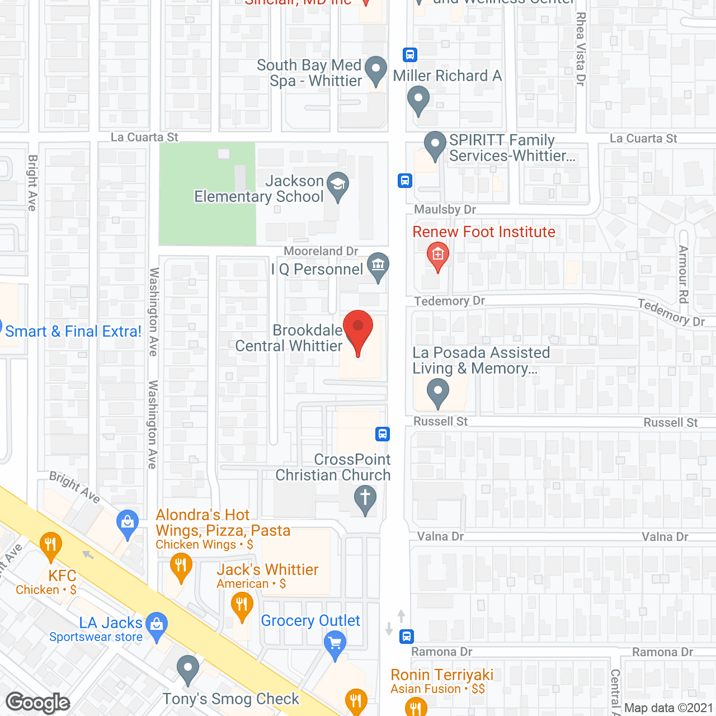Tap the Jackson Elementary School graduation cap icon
pyautogui.click(x=337, y=185)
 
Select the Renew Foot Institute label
pyautogui.click(x=484, y=232)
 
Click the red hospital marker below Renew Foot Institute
pyautogui.click(x=437, y=255)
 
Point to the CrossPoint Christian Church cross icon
pyautogui.click(x=365, y=497)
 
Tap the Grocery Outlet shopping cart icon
pyautogui.click(x=335, y=643)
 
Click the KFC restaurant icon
pyautogui.click(x=51, y=544)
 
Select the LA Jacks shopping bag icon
pyautogui.click(x=157, y=623)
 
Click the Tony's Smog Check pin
pyautogui.click(x=188, y=667)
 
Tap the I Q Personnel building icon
pyautogui.click(x=378, y=264)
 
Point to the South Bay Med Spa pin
pyautogui.click(x=375, y=70)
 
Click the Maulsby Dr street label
pyautogui.click(x=445, y=210)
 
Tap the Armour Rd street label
pyautogui.click(x=683, y=274)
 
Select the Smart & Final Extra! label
pyautogui.click(x=73, y=332)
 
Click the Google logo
pyautogui.click(x=38, y=703)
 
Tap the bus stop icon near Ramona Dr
pyautogui.click(x=407, y=637)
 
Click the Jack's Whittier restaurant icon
pyautogui.click(x=242, y=605)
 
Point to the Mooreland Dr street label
pyautogui.click(x=321, y=251)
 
